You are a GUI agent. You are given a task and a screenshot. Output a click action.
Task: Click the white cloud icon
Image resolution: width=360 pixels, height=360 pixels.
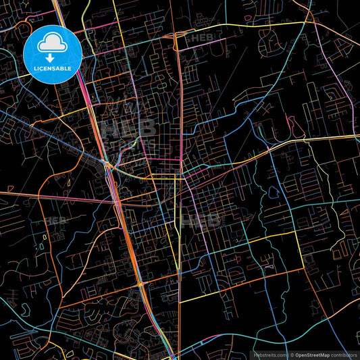coord(53,45)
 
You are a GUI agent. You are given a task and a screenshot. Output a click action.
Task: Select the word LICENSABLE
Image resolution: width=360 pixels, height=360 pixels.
coord(53,69)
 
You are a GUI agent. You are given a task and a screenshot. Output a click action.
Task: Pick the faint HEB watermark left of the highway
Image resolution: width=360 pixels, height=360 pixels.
coord(55,221)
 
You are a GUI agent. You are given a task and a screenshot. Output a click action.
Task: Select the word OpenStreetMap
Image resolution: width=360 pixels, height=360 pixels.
coord(315,354)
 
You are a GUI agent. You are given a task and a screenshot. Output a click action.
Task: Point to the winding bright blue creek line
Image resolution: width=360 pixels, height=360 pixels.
coord(203,122)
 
